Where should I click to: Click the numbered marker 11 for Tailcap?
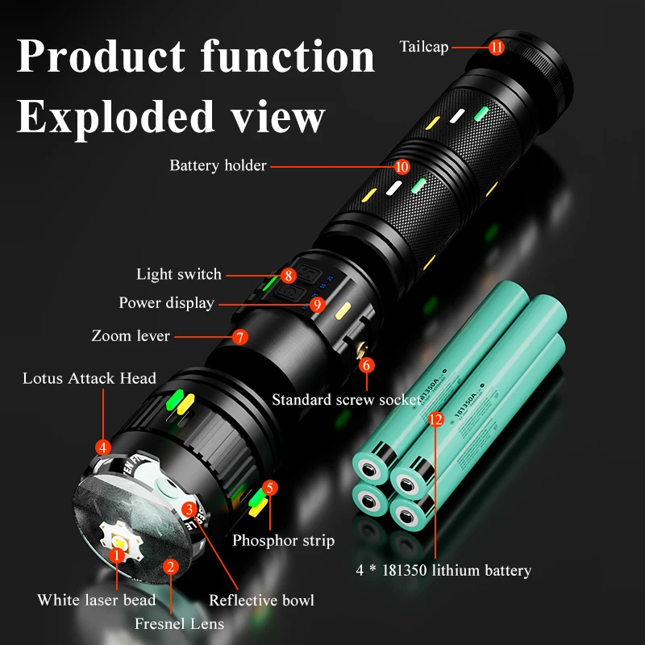click(497, 47)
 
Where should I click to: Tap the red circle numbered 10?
click(402, 167)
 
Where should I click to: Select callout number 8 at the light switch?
click(289, 275)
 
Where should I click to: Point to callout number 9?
click(317, 304)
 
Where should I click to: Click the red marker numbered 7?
click(239, 337)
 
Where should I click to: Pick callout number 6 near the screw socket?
click(367, 365)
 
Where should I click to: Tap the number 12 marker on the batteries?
click(436, 419)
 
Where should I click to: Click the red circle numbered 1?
click(118, 555)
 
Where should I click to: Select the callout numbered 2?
click(170, 566)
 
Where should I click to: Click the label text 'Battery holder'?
click(218, 166)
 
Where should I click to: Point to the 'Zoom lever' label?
click(131, 335)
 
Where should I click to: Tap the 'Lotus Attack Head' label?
click(89, 378)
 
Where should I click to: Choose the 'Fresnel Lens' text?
click(179, 623)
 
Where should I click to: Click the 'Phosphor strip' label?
click(283, 540)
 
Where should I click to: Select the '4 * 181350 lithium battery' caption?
click(443, 571)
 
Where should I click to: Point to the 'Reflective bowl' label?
click(261, 600)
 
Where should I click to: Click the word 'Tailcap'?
click(424, 47)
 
